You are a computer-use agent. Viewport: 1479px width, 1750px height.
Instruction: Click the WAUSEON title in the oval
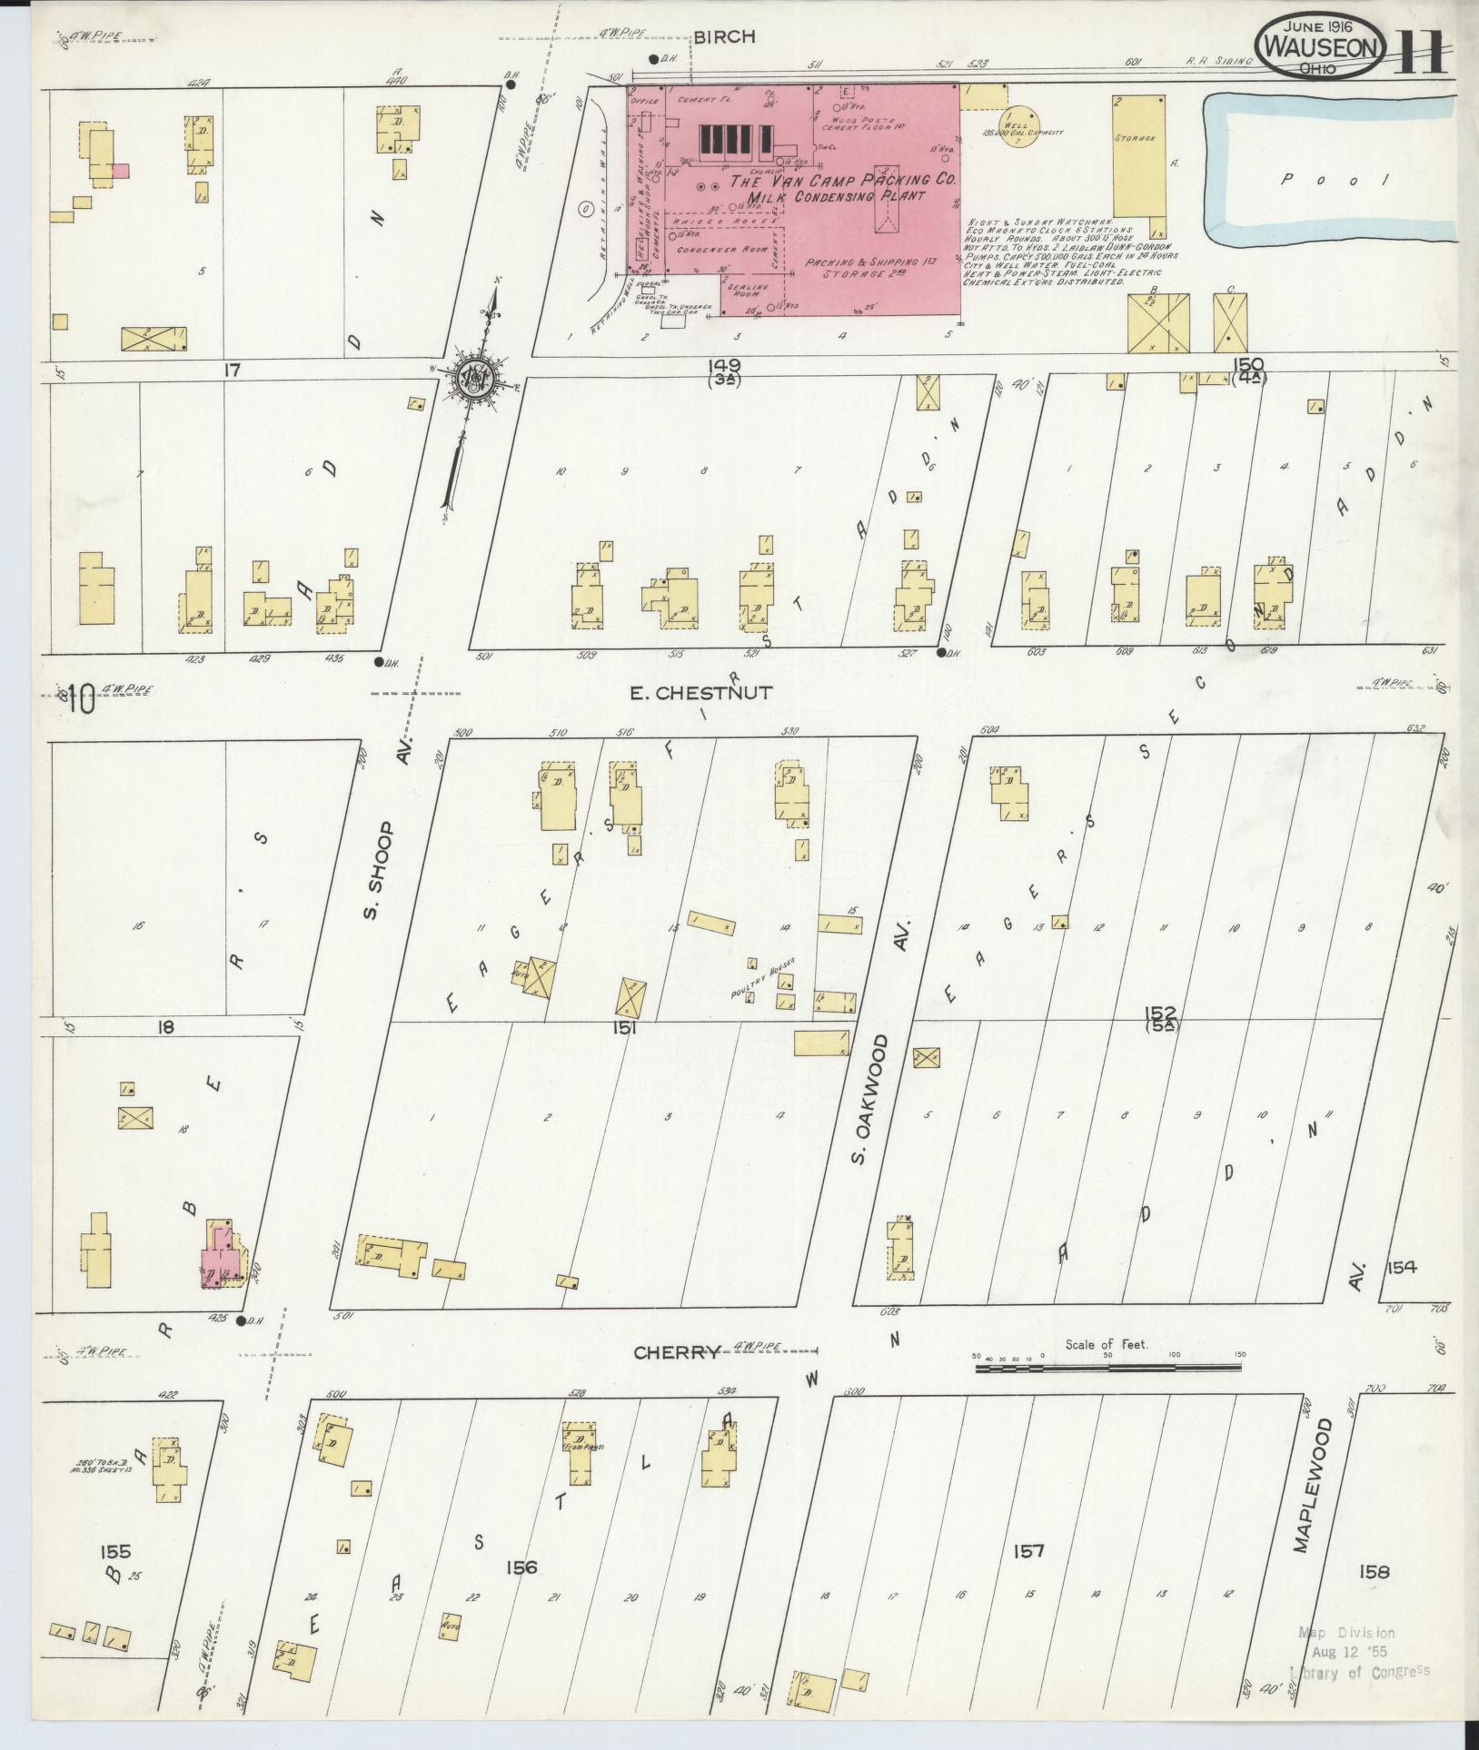tap(1322, 46)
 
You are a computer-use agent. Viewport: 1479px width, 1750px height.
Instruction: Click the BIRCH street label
tap(724, 37)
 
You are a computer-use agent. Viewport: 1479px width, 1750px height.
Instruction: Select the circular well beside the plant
tap(1016, 126)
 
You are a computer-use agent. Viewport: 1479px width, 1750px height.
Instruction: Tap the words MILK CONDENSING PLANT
tap(836, 196)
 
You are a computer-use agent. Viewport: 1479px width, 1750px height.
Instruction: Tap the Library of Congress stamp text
tap(1359, 1671)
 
